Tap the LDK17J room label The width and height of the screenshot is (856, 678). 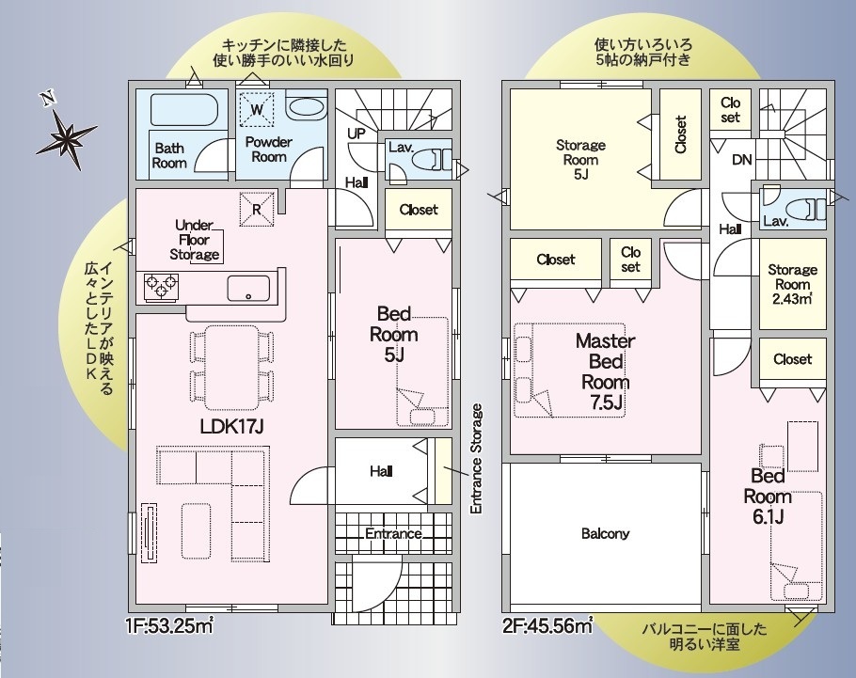(x=232, y=426)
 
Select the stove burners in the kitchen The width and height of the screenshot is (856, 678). (x=161, y=286)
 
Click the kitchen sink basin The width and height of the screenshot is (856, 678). (x=248, y=288)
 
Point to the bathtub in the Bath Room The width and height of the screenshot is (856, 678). (x=181, y=110)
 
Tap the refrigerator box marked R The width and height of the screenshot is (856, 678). (x=257, y=209)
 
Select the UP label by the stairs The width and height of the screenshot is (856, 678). (x=356, y=134)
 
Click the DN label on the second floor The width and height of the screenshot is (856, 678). (x=742, y=160)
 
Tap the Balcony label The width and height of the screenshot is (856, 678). (x=606, y=533)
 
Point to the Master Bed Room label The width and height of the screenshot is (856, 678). (x=606, y=371)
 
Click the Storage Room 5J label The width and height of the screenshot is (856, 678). (x=581, y=160)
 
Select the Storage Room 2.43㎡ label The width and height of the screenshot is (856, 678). (x=793, y=284)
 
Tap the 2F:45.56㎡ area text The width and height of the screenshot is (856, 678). (x=547, y=625)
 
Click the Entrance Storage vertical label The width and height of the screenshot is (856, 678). (x=476, y=459)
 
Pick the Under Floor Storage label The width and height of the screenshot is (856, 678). (x=195, y=240)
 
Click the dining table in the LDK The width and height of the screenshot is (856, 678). (x=231, y=368)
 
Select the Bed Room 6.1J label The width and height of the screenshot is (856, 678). (x=768, y=497)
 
